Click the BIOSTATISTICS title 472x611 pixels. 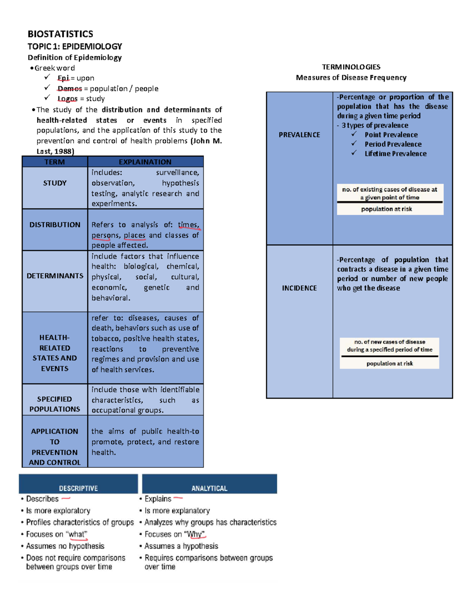click(60, 34)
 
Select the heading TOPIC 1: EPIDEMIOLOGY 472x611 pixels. click(75, 46)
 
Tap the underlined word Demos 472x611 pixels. click(70, 89)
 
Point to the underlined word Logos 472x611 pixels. click(67, 99)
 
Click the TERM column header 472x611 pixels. click(55, 162)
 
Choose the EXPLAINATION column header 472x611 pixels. click(145, 162)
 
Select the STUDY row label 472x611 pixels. click(55, 183)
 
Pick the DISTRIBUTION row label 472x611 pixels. click(55, 225)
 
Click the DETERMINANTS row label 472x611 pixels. click(55, 276)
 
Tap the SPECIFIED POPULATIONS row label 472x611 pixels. click(55, 404)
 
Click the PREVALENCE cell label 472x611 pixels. click(299, 135)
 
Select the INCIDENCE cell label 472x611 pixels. click(299, 288)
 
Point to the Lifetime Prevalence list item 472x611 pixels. click(395, 154)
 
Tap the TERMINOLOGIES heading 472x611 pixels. click(351, 67)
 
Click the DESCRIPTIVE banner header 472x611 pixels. click(78, 488)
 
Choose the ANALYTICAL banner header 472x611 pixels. click(209, 488)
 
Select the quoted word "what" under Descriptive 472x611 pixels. click(77, 534)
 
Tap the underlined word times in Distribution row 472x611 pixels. click(188, 225)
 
